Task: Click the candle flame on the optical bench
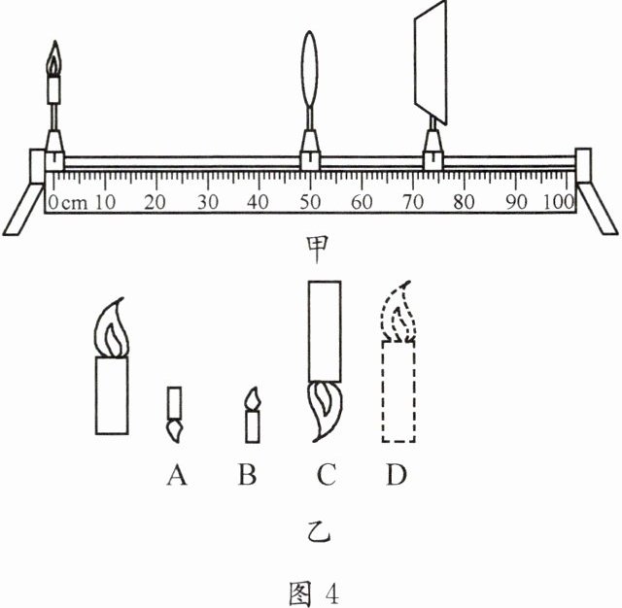coord(55,60)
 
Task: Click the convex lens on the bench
coord(310,73)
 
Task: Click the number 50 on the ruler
coord(310,203)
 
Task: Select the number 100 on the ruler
coord(559,203)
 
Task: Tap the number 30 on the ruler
coord(206,203)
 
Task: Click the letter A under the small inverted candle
coord(176,475)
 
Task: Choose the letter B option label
coord(248,475)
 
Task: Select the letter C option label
coord(325,475)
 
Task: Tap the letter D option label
coord(397,475)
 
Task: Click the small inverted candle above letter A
coord(175,412)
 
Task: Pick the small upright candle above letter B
coord(253,416)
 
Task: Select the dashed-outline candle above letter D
coord(402,369)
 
